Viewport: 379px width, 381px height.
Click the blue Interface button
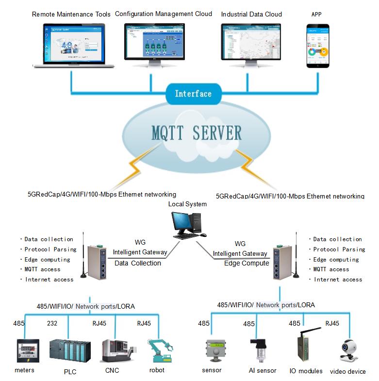193,94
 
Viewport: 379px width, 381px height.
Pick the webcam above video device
348,350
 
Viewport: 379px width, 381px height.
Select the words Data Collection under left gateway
137,263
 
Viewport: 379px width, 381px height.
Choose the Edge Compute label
246,263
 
